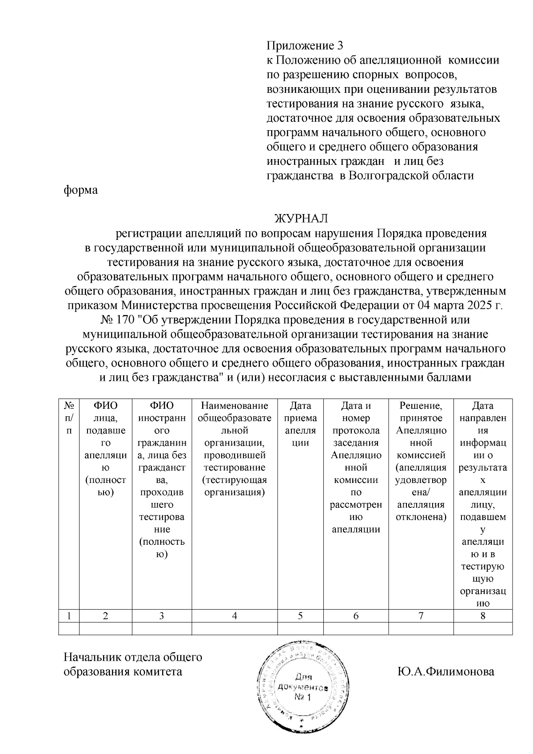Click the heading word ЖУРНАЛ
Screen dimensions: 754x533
coord(301,219)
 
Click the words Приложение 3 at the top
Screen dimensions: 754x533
coord(305,46)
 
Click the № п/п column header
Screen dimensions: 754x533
coord(69,418)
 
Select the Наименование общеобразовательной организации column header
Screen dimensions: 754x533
coord(235,449)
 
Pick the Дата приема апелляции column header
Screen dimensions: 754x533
coord(300,424)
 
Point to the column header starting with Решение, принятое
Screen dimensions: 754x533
coord(421,461)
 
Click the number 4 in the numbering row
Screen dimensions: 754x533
coord(235,615)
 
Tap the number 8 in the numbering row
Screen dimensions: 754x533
coord(483,615)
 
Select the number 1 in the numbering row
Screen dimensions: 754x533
coord(69,615)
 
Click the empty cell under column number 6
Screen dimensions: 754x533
coord(356,628)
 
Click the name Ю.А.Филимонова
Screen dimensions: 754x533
coord(446,671)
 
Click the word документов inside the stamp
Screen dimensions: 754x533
coord(302,687)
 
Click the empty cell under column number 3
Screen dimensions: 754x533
coord(162,628)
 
